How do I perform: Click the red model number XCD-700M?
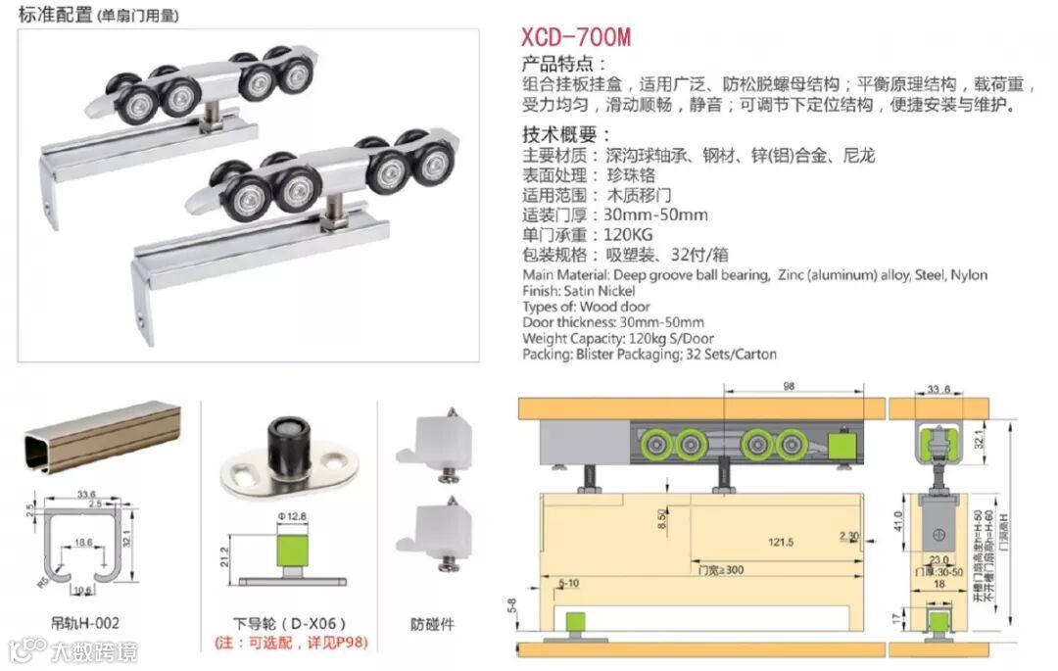point(576,38)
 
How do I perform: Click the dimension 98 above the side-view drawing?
point(788,387)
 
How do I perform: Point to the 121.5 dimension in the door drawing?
point(781,542)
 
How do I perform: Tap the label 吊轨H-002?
point(85,622)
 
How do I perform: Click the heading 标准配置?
point(56,15)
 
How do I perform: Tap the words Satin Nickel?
point(600,291)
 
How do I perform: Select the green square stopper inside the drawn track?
point(839,446)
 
